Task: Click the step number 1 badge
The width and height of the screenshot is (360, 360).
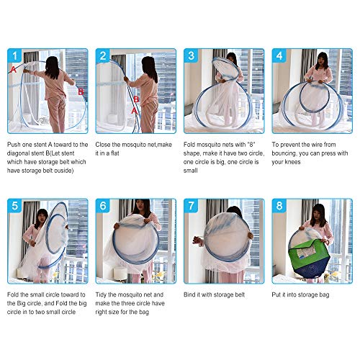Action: (15, 56)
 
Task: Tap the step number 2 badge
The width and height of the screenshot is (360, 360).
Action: (104, 56)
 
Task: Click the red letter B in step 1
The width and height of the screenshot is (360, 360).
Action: (81, 91)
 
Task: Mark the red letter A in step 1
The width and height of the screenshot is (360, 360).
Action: (13, 68)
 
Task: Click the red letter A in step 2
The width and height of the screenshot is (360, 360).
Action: (135, 110)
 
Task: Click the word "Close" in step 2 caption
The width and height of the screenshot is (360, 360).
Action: (107, 145)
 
